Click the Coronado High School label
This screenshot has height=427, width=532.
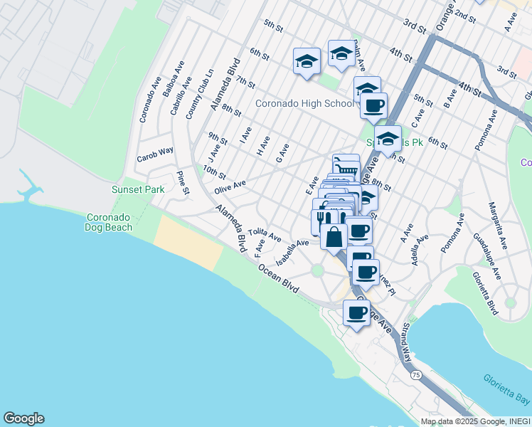[304, 103]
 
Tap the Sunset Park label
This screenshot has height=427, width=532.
[138, 189]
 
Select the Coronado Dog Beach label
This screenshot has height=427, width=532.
[110, 222]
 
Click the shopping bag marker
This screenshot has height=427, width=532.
[334, 236]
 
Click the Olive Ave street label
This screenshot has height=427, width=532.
[230, 187]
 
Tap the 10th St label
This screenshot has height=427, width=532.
[214, 172]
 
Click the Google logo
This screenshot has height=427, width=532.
[23, 418]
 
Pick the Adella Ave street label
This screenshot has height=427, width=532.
[420, 249]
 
